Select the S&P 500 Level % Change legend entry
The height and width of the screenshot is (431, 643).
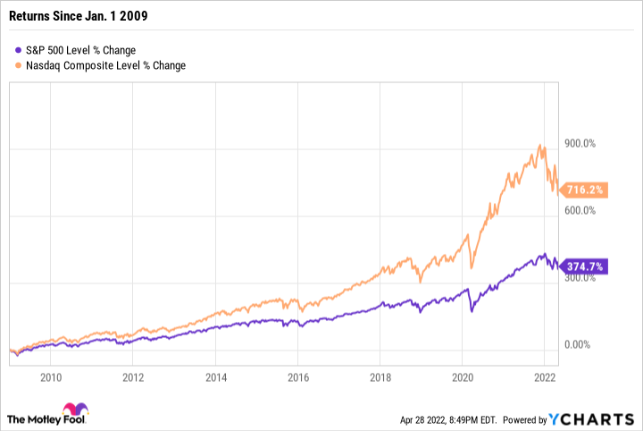(81, 50)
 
